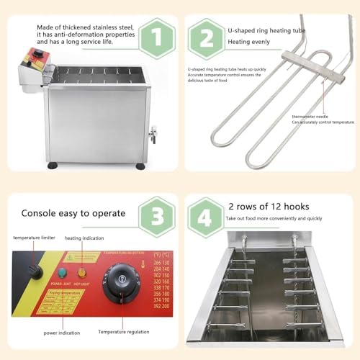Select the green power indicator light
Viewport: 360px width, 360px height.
[x=63, y=273]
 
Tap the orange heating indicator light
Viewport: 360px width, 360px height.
[x=81, y=273]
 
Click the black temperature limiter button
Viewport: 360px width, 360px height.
[x=31, y=269]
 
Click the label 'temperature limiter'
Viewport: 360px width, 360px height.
[x=36, y=237]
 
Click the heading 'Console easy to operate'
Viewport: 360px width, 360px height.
[x=73, y=214]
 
